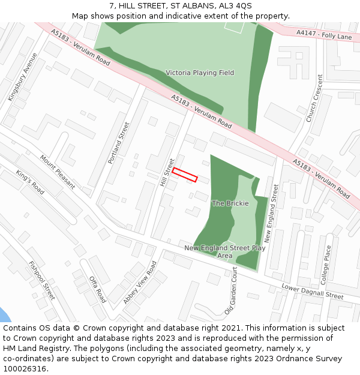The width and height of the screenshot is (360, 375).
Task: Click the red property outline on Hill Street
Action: point(185,175)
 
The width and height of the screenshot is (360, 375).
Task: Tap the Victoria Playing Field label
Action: point(200,73)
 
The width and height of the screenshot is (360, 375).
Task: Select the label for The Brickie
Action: point(230,203)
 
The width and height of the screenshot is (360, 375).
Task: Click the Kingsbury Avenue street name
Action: point(22,77)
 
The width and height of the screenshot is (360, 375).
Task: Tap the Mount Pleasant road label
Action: point(58,172)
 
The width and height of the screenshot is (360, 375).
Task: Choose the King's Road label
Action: point(30,182)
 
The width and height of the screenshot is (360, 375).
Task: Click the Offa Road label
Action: point(98,289)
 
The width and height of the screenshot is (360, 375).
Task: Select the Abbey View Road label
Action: point(140,282)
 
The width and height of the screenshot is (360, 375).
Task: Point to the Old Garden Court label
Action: point(231,292)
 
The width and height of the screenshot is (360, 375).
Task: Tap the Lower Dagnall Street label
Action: point(313,292)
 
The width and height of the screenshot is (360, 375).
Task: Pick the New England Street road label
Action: point(271,213)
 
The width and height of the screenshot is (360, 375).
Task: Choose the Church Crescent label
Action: point(315,98)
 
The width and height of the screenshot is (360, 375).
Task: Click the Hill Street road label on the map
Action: point(167,172)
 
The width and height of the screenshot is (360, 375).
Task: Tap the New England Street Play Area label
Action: point(225,251)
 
